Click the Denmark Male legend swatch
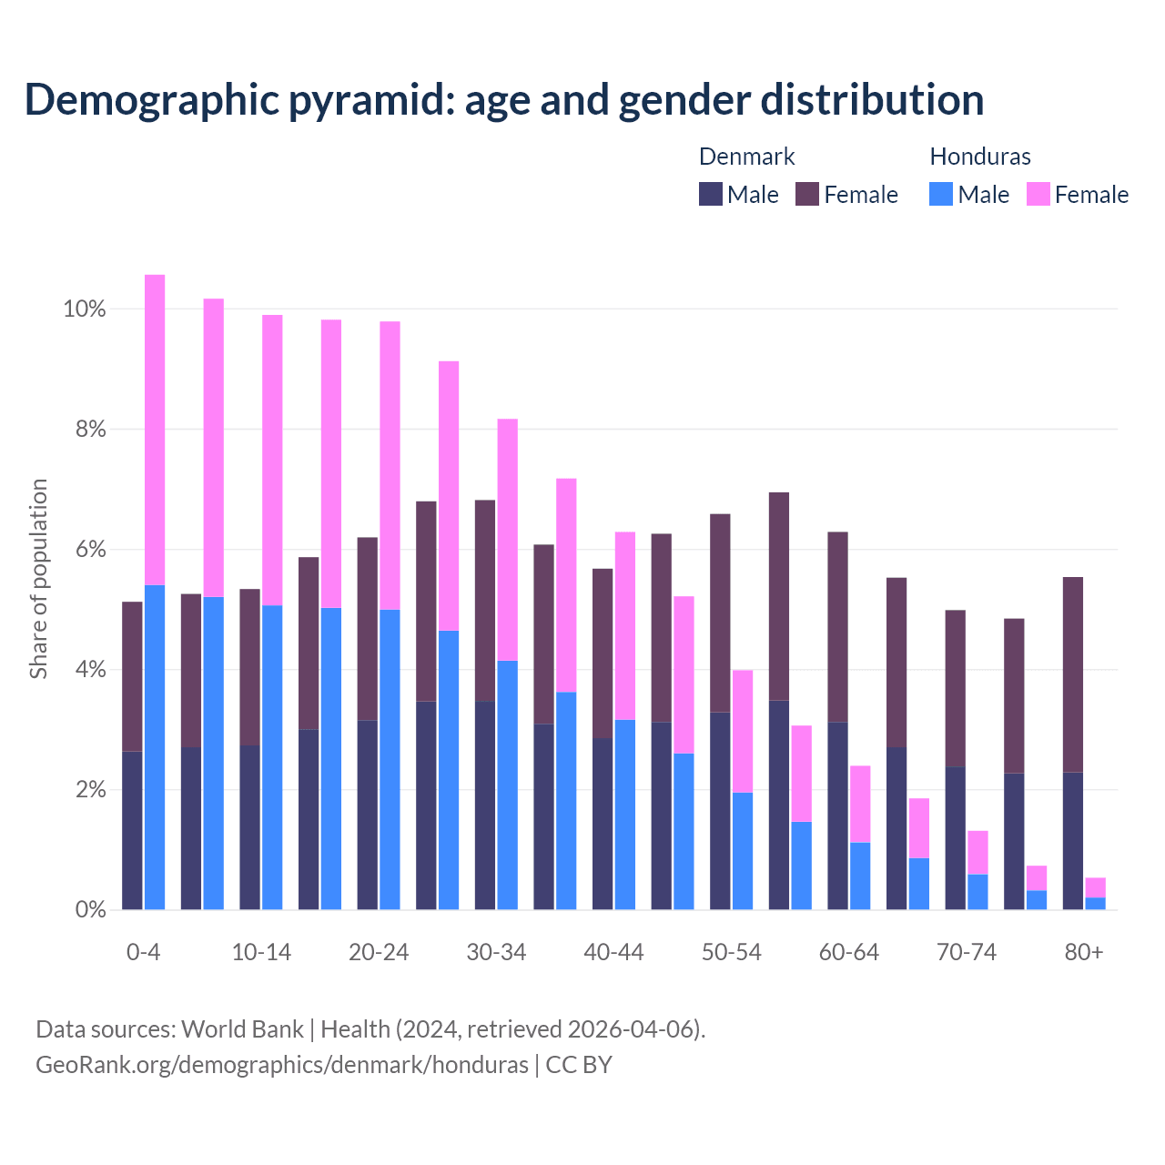pyautogui.click(x=711, y=194)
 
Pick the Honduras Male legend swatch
pyautogui.click(x=941, y=194)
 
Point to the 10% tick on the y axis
pyautogui.click(x=85, y=309)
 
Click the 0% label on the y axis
pyautogui.click(x=90, y=909)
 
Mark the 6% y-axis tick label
pyautogui.click(x=90, y=550)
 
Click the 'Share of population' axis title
pyautogui.click(x=38, y=579)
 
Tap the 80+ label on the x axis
pyautogui.click(x=1083, y=952)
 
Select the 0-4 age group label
pyautogui.click(x=143, y=952)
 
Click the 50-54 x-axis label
pyautogui.click(x=731, y=952)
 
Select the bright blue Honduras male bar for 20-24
pyautogui.click(x=390, y=759)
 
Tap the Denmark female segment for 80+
pyautogui.click(x=1073, y=674)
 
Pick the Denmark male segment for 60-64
pyautogui.click(x=837, y=815)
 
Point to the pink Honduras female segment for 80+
pyautogui.click(x=1095, y=887)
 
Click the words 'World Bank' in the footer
pyautogui.click(x=242, y=1029)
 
